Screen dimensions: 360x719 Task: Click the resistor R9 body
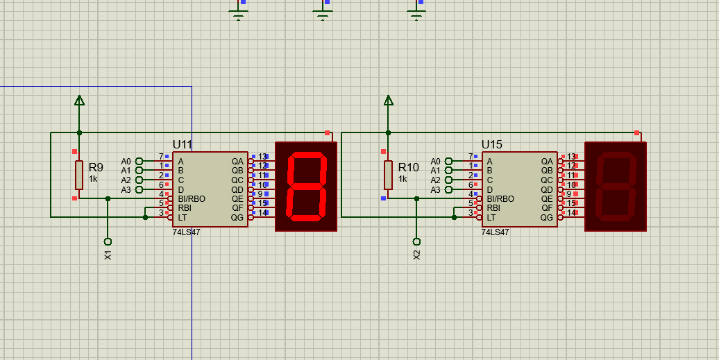pyautogui.click(x=79, y=174)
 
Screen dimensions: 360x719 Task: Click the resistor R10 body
pyautogui.click(x=389, y=174)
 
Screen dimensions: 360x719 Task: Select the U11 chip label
pyautogui.click(x=182, y=144)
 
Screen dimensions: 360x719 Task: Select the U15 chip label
pyautogui.click(x=491, y=144)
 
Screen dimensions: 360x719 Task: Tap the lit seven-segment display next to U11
pyautogui.click(x=306, y=187)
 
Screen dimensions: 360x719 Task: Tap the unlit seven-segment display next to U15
pyautogui.click(x=616, y=187)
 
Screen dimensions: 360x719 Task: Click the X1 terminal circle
pyautogui.click(x=108, y=241)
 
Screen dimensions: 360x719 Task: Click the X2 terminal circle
pyautogui.click(x=416, y=241)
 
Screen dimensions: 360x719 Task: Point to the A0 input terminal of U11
pyautogui.click(x=139, y=161)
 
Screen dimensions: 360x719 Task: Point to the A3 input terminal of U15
pyautogui.click(x=448, y=189)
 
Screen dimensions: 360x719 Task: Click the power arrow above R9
pyautogui.click(x=79, y=101)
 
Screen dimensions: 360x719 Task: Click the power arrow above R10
pyautogui.click(x=389, y=101)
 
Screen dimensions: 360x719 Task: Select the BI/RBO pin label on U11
pyautogui.click(x=192, y=198)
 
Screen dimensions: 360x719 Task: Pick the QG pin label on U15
pyautogui.click(x=547, y=217)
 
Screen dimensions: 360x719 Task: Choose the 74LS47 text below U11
pyautogui.click(x=186, y=232)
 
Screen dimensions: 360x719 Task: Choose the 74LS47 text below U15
pyautogui.click(x=496, y=232)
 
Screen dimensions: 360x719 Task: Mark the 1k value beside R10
pyautogui.click(x=403, y=179)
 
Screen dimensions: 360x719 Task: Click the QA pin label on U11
pyautogui.click(x=237, y=161)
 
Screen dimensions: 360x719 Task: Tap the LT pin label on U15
pyautogui.click(x=491, y=217)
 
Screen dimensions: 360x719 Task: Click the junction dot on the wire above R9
pyautogui.click(x=79, y=132)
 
